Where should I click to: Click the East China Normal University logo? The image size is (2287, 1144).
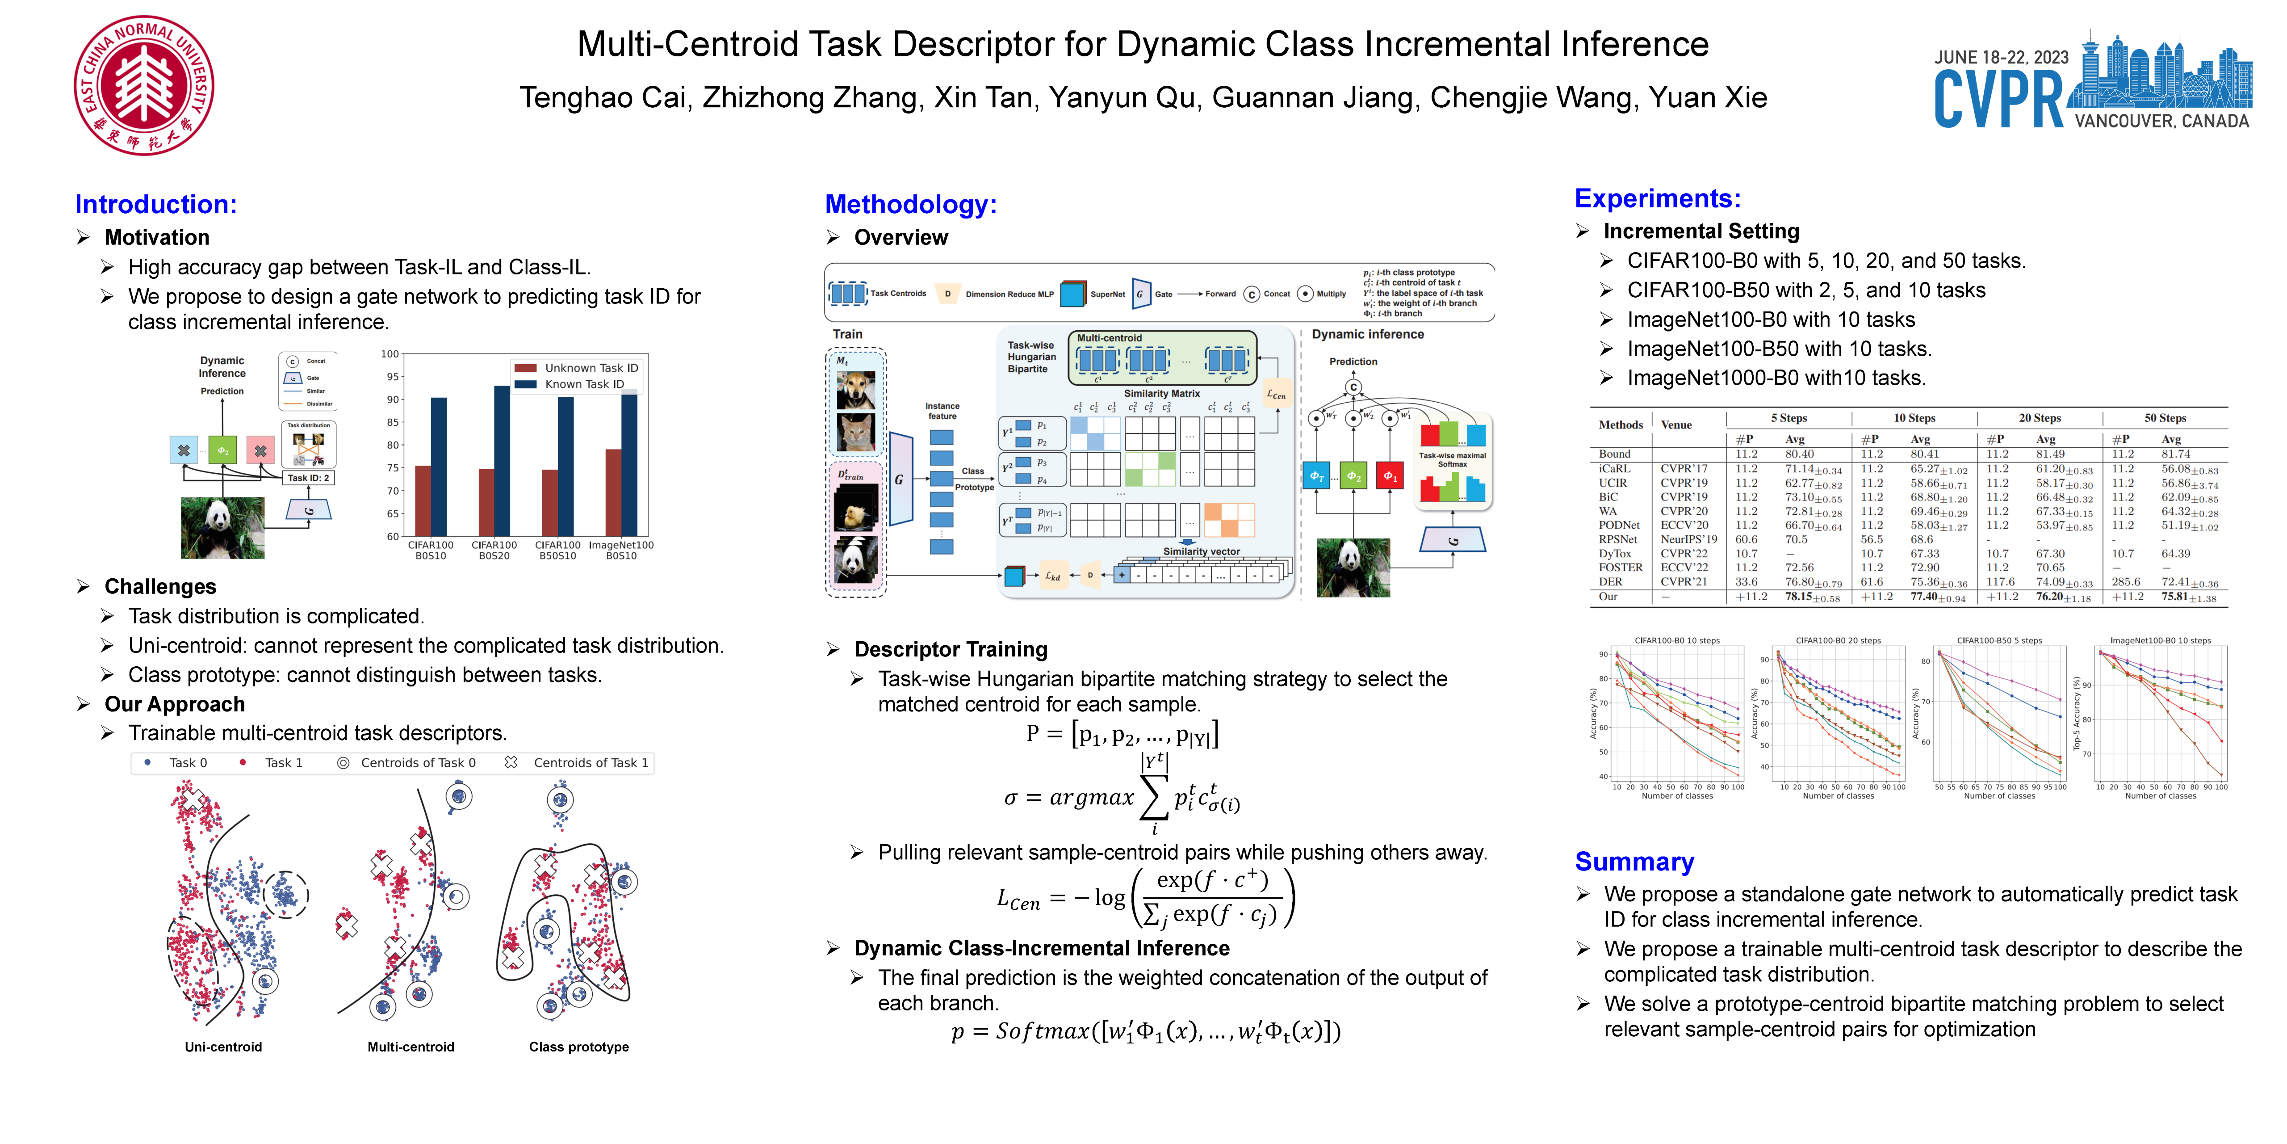point(144,85)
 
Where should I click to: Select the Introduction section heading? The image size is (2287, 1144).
point(155,204)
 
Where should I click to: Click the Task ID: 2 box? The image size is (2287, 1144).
point(308,478)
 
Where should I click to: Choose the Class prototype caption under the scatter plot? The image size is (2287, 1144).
point(579,1047)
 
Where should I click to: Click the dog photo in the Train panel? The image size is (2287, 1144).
point(856,390)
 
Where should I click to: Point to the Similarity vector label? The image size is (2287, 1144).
point(1201,551)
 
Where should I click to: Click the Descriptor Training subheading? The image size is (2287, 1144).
point(950,649)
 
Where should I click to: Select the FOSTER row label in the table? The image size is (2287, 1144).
point(1620,568)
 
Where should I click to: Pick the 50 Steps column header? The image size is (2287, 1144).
point(2165,417)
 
